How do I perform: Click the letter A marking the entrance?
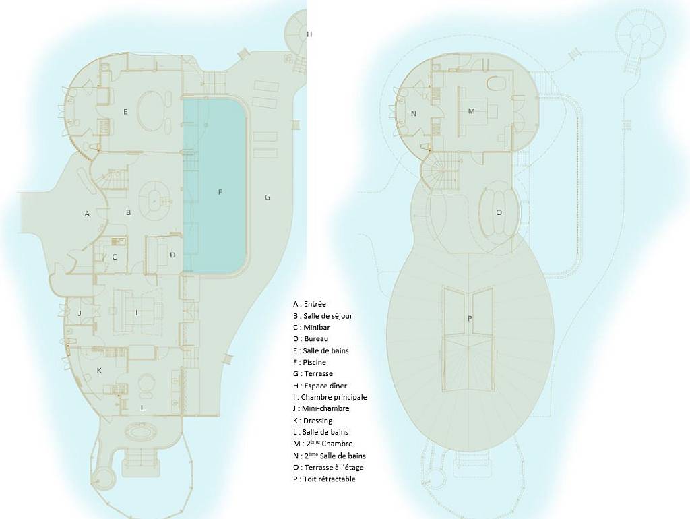[x=87, y=214]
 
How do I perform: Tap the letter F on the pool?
[x=220, y=192]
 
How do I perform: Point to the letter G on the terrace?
[x=267, y=197]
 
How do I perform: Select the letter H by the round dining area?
[x=309, y=34]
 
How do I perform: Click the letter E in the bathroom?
[x=125, y=112]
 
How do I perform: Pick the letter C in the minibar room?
[x=115, y=257]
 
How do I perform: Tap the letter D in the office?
[x=172, y=255]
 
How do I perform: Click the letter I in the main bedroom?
[x=136, y=313]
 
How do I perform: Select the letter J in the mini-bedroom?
[x=80, y=313]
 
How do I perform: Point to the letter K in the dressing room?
[x=99, y=371]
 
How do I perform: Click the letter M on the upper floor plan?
[x=471, y=111]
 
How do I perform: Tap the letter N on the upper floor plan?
[x=413, y=113]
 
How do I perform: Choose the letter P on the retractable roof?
[x=470, y=318]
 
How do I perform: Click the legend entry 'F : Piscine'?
[x=309, y=362]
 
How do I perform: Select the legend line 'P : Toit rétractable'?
[x=324, y=479]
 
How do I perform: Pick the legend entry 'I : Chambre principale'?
[x=330, y=397]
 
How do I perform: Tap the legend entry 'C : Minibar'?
[x=311, y=328]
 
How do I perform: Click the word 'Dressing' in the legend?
[x=318, y=421]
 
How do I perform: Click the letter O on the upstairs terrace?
[x=499, y=212]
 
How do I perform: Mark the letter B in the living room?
[x=128, y=212]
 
